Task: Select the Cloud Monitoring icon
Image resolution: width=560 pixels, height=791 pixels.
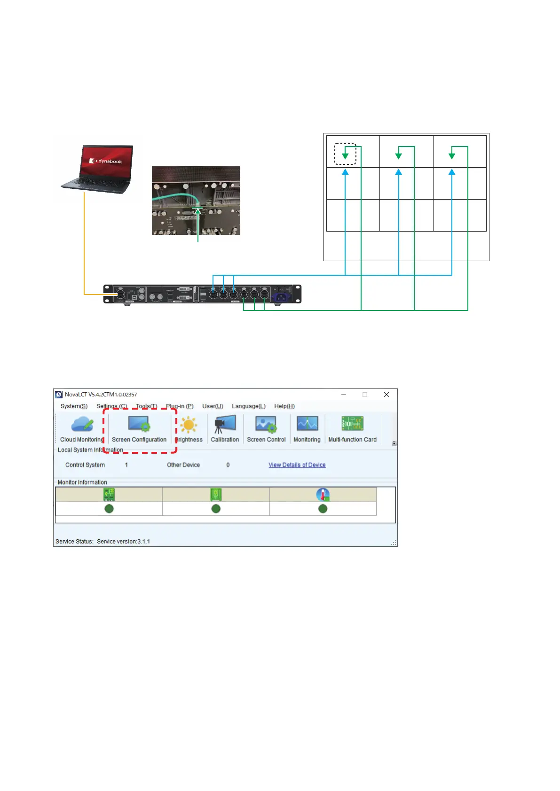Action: pyautogui.click(x=82, y=425)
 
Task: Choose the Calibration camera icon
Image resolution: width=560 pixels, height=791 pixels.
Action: pyautogui.click(x=225, y=424)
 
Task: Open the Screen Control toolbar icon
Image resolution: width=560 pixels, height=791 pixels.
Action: pyautogui.click(x=266, y=425)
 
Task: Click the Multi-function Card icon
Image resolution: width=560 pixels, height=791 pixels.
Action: pyautogui.click(x=352, y=424)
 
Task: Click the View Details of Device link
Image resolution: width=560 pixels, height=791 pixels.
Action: pyautogui.click(x=297, y=465)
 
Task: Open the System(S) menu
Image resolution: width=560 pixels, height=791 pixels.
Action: pyautogui.click(x=74, y=406)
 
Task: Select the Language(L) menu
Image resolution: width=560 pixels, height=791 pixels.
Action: pyautogui.click(x=248, y=406)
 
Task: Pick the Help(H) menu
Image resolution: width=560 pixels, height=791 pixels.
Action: pyautogui.click(x=284, y=406)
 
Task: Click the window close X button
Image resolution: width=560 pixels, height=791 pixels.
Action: pyautogui.click(x=386, y=395)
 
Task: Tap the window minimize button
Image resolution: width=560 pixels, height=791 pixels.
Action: pyautogui.click(x=344, y=395)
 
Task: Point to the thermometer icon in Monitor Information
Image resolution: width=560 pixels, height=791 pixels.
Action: pyautogui.click(x=323, y=494)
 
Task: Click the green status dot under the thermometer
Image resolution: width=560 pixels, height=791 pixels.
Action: pyautogui.click(x=323, y=509)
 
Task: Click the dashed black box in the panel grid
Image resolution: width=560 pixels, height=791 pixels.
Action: pyautogui.click(x=345, y=154)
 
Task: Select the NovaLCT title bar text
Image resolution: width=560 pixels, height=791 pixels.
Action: pyautogui.click(x=101, y=395)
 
